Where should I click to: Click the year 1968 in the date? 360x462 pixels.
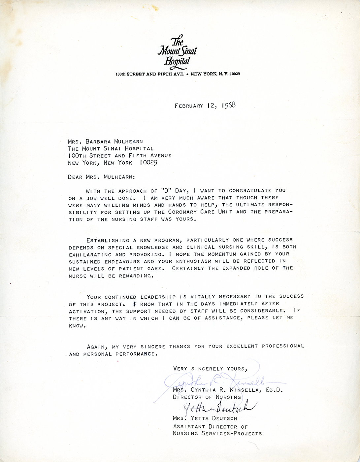pos(228,105)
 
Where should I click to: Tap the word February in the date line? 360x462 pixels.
pos(189,106)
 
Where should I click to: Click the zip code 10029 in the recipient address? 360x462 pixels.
pos(148,163)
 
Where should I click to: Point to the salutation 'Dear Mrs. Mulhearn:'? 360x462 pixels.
pos(101,177)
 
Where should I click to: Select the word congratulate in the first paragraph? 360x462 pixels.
pos(250,190)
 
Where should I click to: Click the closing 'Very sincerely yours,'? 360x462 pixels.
pos(210,369)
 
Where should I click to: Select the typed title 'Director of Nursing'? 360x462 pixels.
pos(207,397)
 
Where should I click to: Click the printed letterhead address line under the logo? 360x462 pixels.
pos(178,74)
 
